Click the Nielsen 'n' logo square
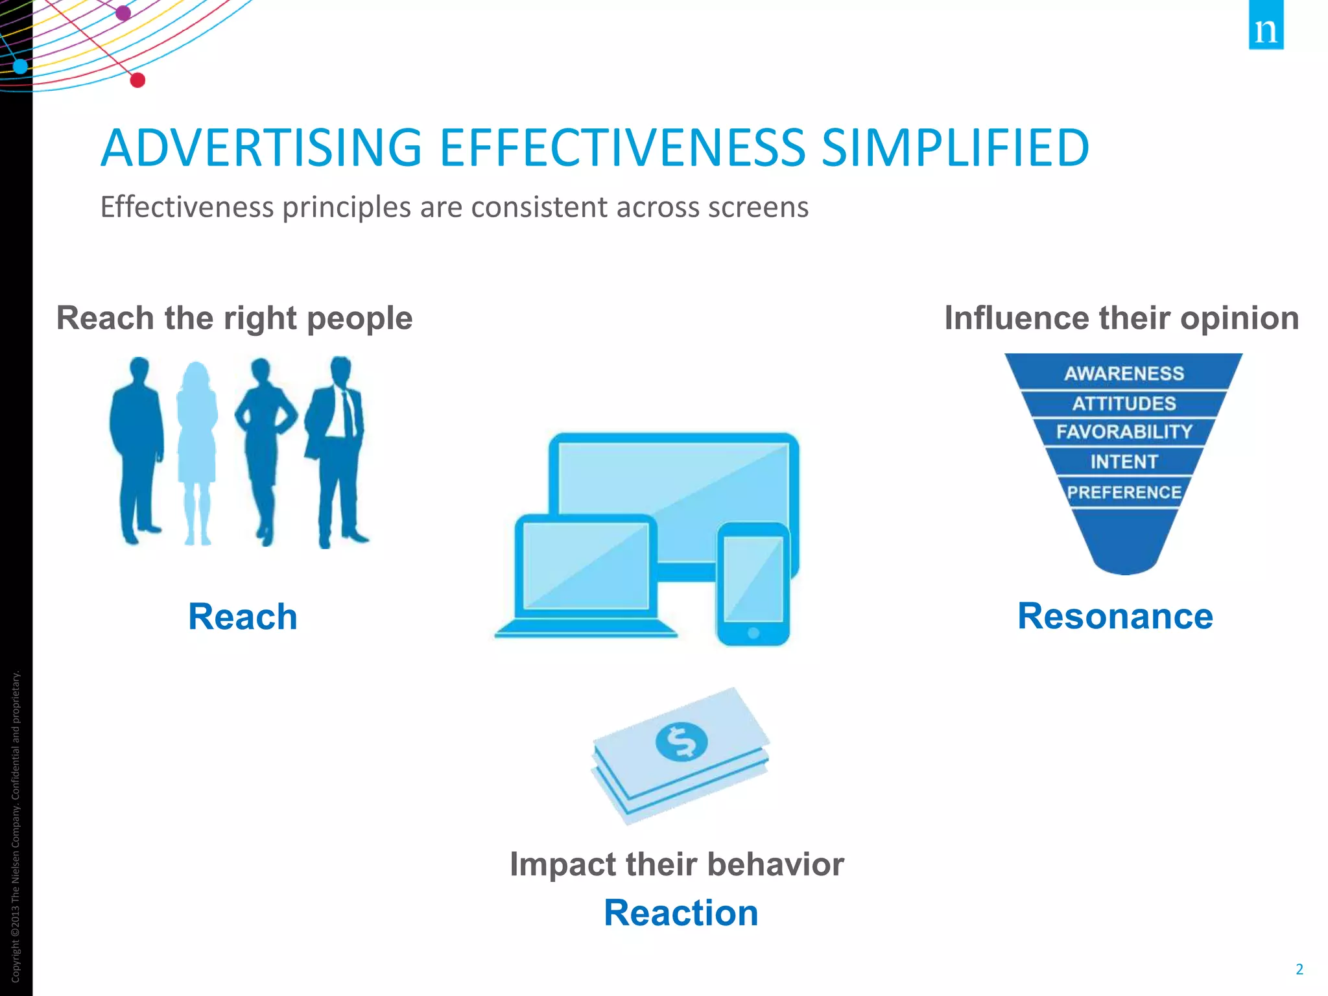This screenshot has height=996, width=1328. (x=1266, y=25)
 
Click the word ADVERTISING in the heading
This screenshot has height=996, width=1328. (x=261, y=148)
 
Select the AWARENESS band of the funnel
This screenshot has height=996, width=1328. (x=1124, y=373)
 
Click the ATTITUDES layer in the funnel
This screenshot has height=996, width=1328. (x=1124, y=403)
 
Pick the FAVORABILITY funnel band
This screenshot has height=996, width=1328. (x=1124, y=432)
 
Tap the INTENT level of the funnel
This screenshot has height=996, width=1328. (x=1124, y=462)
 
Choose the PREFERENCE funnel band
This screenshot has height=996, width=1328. (x=1124, y=492)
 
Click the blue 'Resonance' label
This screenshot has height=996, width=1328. (x=1115, y=616)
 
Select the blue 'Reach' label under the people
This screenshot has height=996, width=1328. (x=243, y=617)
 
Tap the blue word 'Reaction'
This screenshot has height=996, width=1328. (x=681, y=913)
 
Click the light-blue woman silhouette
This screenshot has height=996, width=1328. (x=196, y=447)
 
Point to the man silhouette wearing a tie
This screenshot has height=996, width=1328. (x=338, y=447)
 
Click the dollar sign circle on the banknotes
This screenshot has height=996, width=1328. (x=681, y=741)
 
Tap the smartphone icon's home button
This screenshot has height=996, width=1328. (x=753, y=633)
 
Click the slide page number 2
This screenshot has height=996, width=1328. (x=1299, y=969)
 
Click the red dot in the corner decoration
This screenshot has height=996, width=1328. (x=137, y=80)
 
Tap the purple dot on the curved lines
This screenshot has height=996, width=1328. (x=123, y=12)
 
